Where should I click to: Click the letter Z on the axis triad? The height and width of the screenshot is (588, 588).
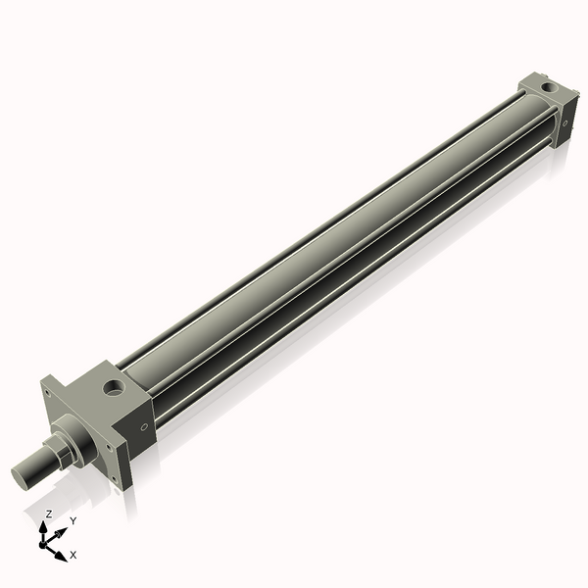tap(49, 514)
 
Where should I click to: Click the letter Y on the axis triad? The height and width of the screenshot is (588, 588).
tap(73, 521)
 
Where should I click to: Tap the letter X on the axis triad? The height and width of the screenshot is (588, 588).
tap(73, 555)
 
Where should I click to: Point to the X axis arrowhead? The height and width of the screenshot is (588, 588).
tap(62, 556)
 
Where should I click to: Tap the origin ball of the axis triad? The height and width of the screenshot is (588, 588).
tap(45, 542)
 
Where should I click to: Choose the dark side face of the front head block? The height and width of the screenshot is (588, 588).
tap(137, 431)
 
